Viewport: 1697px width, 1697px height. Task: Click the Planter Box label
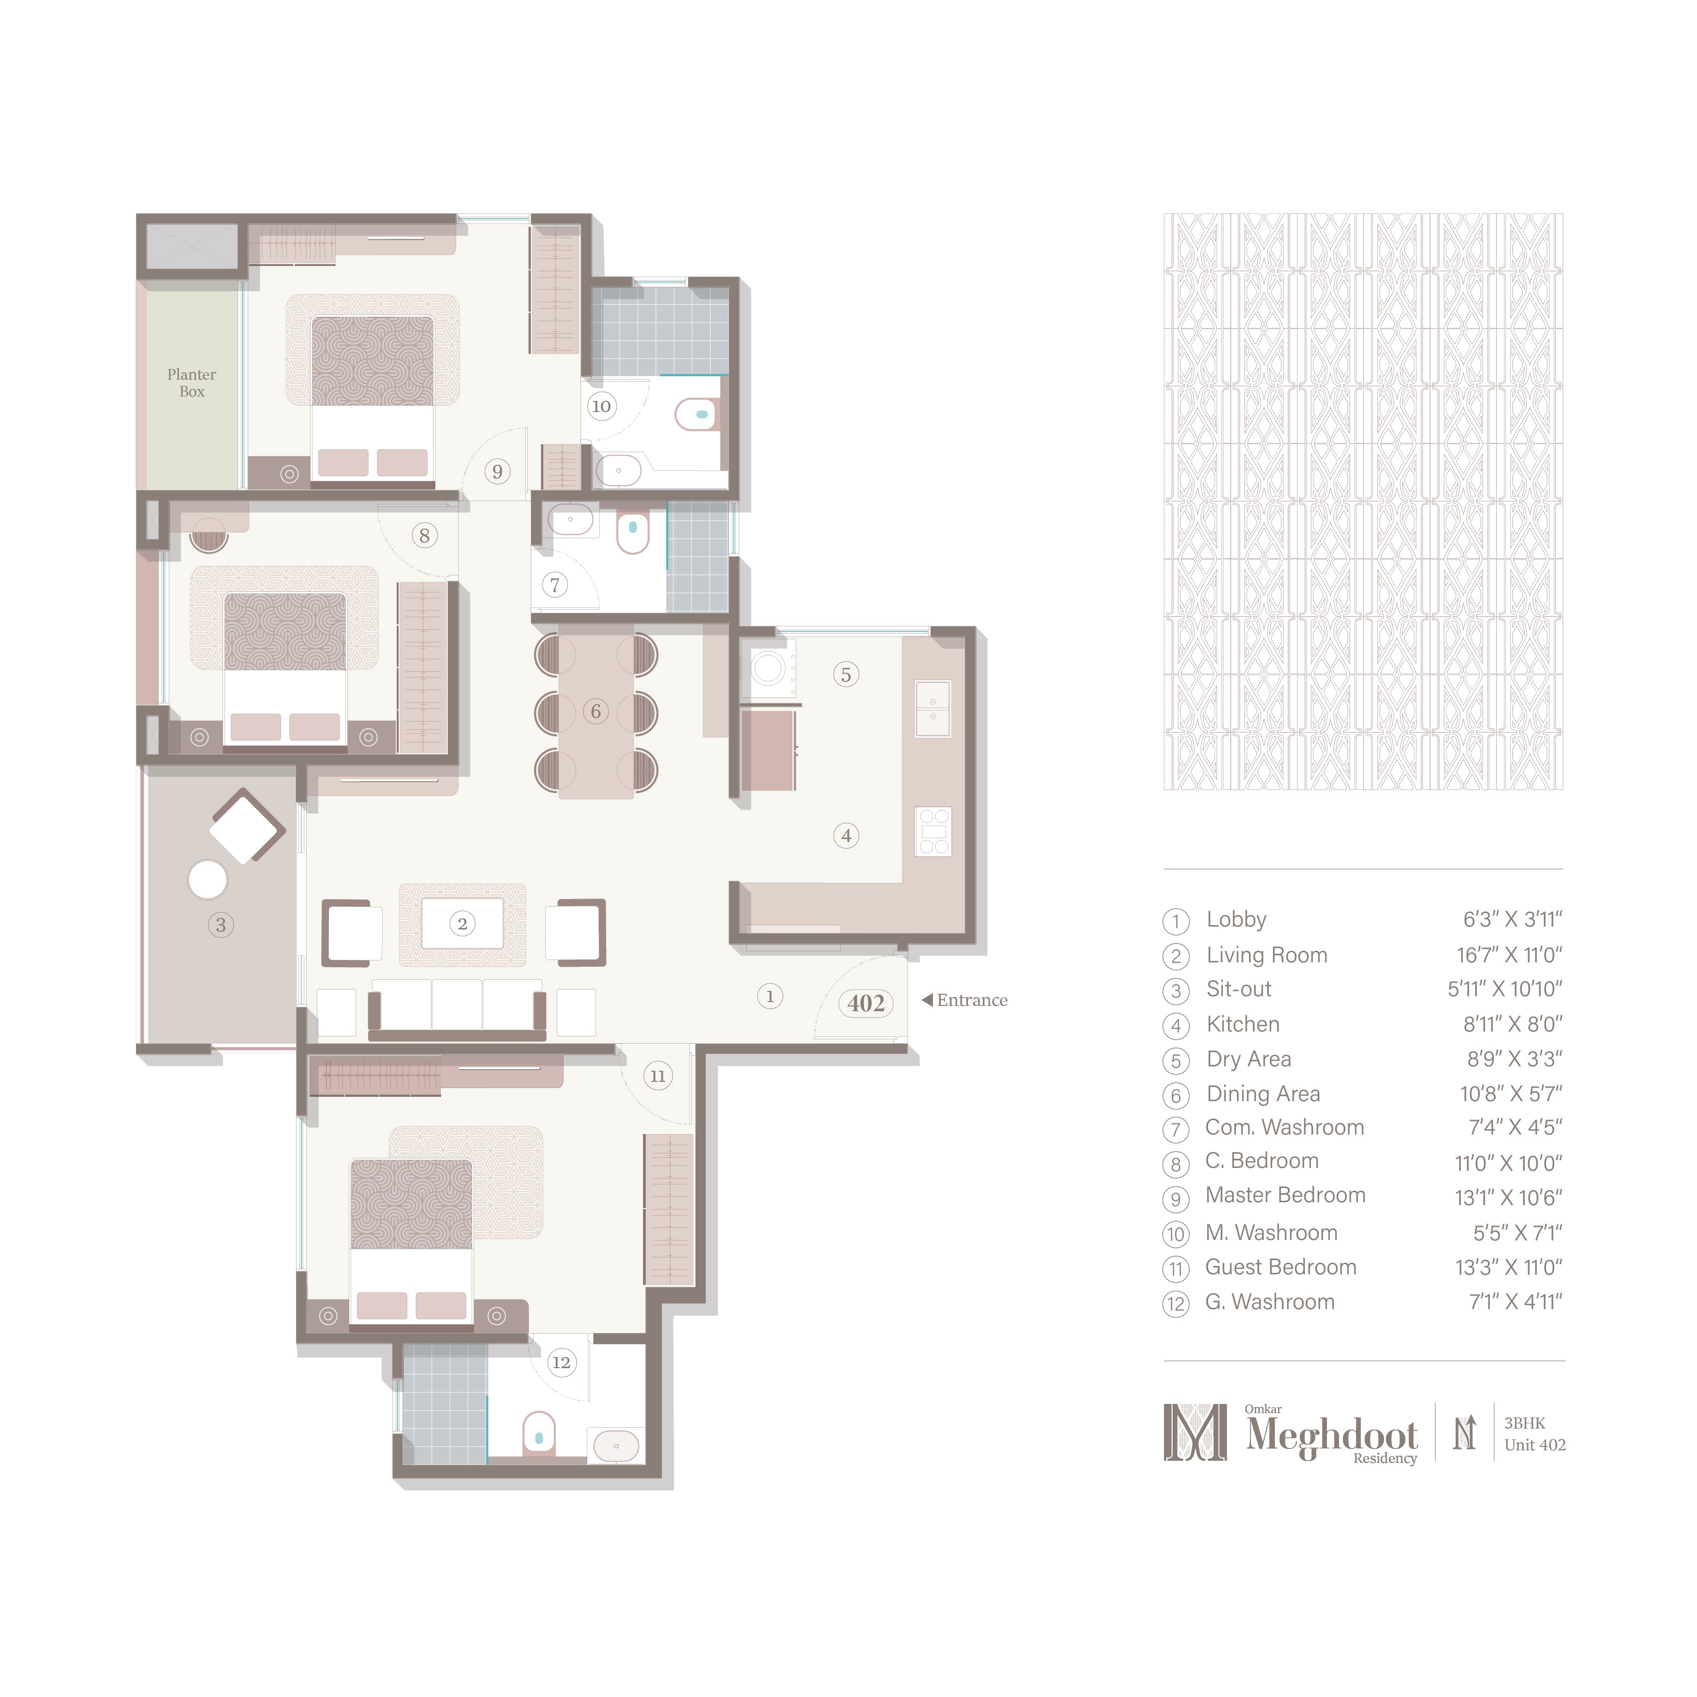[x=192, y=383]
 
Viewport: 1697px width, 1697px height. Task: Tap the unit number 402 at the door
[x=865, y=1003]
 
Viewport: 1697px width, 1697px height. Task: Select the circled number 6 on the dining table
[x=596, y=711]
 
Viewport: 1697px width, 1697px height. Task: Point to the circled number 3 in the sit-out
[x=221, y=925]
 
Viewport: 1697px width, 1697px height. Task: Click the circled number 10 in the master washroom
[x=601, y=406]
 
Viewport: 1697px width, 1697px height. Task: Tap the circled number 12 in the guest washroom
[x=561, y=1362]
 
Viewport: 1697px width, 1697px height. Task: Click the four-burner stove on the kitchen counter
[x=933, y=831]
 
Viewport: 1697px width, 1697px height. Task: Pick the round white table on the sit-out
[x=208, y=879]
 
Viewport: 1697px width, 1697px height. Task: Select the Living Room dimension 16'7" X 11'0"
[x=1509, y=955]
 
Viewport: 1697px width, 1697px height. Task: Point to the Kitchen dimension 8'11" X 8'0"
[x=1512, y=1024]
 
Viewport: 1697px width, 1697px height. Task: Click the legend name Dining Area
[x=1263, y=1093]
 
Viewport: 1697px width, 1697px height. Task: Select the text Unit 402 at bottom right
[x=1534, y=1445]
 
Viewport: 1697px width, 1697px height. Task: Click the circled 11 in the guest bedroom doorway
[x=657, y=1076]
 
